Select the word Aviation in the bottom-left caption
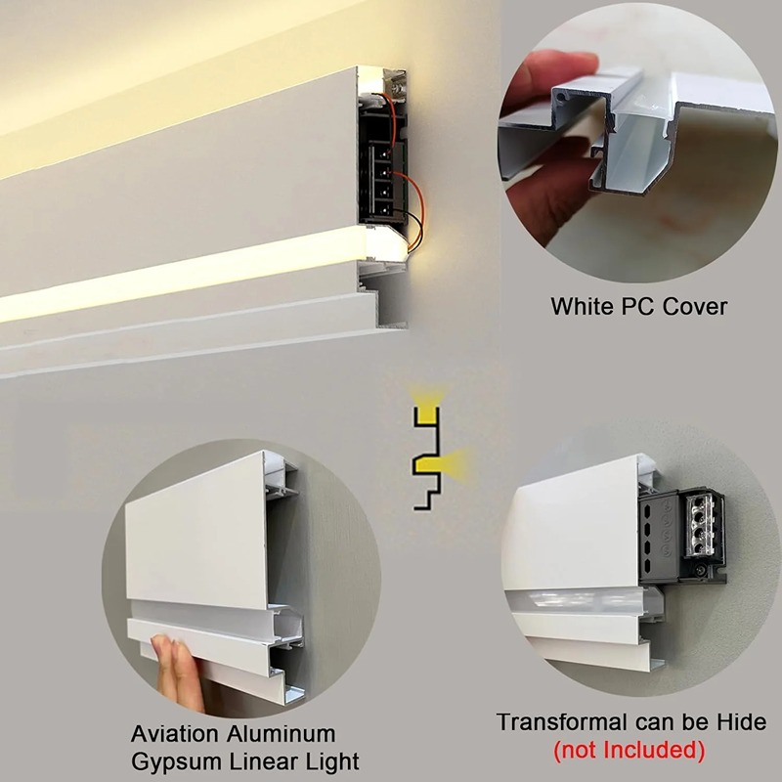(176, 734)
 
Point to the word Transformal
(561, 722)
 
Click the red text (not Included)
(630, 750)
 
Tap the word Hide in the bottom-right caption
(742, 722)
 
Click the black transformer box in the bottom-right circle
(680, 536)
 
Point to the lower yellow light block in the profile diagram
(430, 466)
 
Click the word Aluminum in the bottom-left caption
(282, 734)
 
